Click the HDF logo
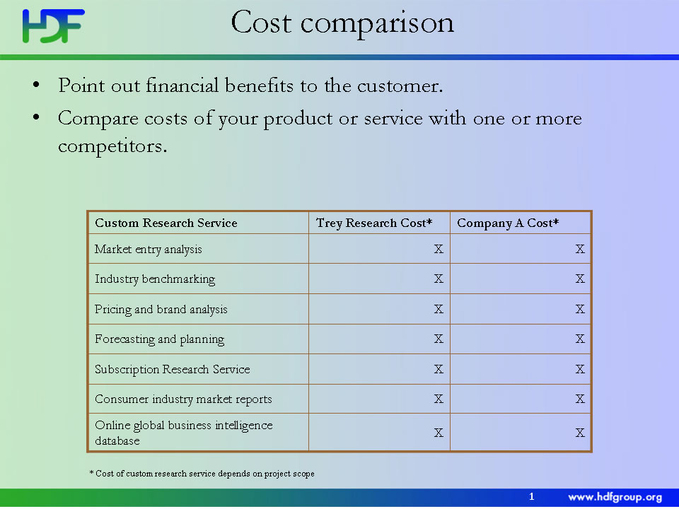(x=53, y=26)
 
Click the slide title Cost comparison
(x=342, y=23)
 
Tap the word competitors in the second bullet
(x=112, y=146)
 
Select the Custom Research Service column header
(x=166, y=223)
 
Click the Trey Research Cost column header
(x=374, y=223)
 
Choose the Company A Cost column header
(x=508, y=223)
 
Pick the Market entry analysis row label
(x=148, y=250)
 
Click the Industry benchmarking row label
(x=155, y=279)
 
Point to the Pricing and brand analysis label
(x=161, y=310)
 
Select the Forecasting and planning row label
(x=159, y=339)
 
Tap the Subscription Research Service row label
(x=172, y=369)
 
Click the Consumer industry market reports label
(x=183, y=399)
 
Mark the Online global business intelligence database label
(x=184, y=433)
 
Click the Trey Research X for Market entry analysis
(x=439, y=249)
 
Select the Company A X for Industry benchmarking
(x=580, y=279)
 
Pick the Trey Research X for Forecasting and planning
(x=439, y=339)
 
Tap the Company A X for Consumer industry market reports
(x=580, y=399)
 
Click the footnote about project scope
(x=202, y=474)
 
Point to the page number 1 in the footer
(x=532, y=497)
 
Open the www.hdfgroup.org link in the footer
(x=615, y=497)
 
